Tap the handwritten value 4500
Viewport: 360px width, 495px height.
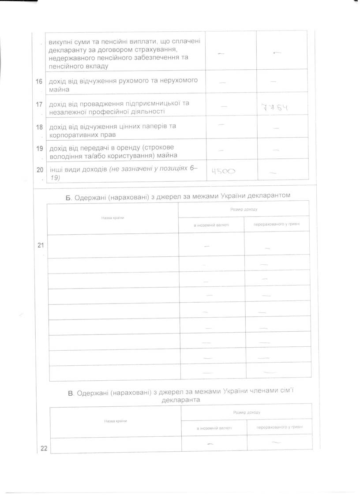[224, 172]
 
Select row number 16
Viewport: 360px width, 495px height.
[40, 81]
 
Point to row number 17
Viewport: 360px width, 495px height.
[40, 104]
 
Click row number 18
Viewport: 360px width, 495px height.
[40, 127]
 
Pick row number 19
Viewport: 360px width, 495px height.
[40, 148]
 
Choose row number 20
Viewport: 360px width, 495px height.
[40, 170]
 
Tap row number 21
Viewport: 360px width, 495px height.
[41, 246]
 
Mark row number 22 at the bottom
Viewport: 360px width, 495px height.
[44, 449]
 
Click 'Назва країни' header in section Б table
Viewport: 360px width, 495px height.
[112, 218]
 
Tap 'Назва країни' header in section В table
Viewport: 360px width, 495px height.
[116, 421]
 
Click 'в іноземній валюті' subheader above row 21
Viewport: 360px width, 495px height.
[211, 224]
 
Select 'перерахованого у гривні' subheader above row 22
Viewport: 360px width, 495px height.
[279, 427]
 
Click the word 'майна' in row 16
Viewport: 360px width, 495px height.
[59, 89]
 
